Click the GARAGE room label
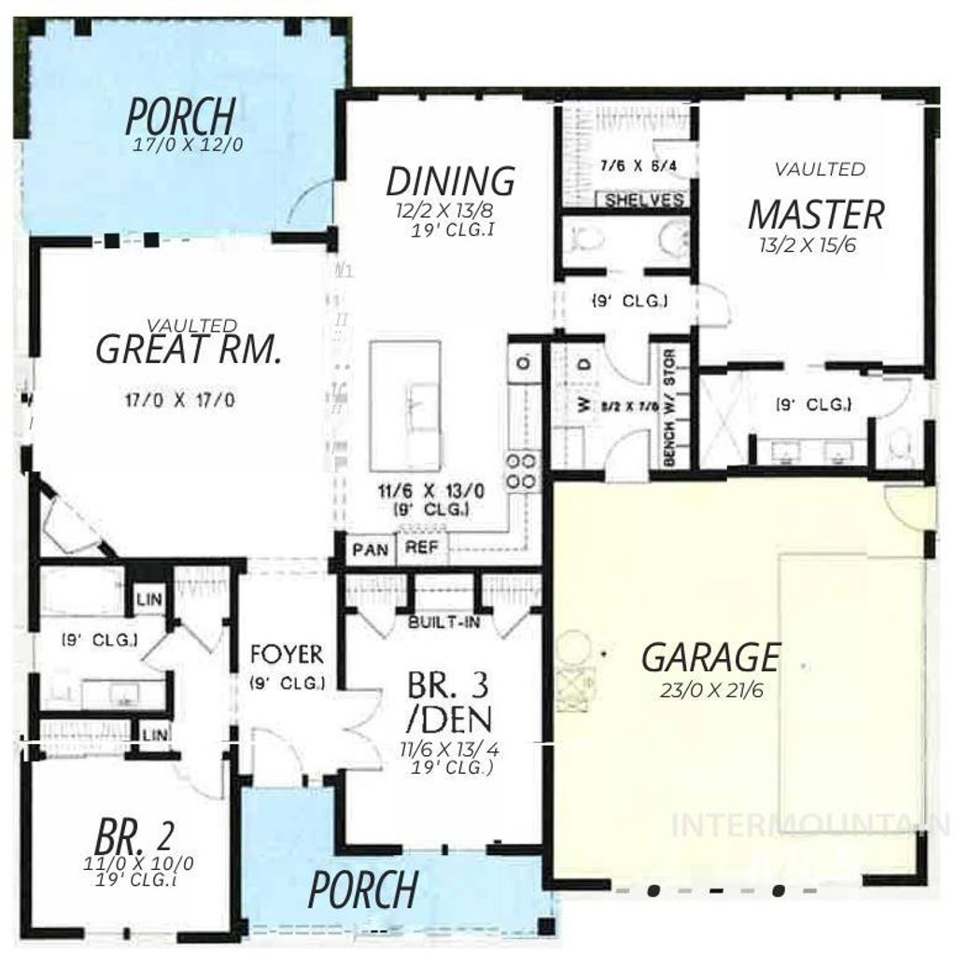click(x=710, y=657)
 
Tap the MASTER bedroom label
click(x=815, y=215)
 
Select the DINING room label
click(x=450, y=180)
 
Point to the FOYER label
click(x=287, y=654)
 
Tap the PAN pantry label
click(x=371, y=549)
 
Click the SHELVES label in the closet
click(x=644, y=200)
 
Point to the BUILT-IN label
click(x=443, y=622)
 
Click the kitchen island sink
click(x=412, y=407)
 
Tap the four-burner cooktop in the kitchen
click(x=523, y=471)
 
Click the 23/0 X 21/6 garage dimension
click(x=710, y=690)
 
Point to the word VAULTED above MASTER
click(x=820, y=169)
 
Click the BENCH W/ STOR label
click(x=670, y=408)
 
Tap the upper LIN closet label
click(x=148, y=599)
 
